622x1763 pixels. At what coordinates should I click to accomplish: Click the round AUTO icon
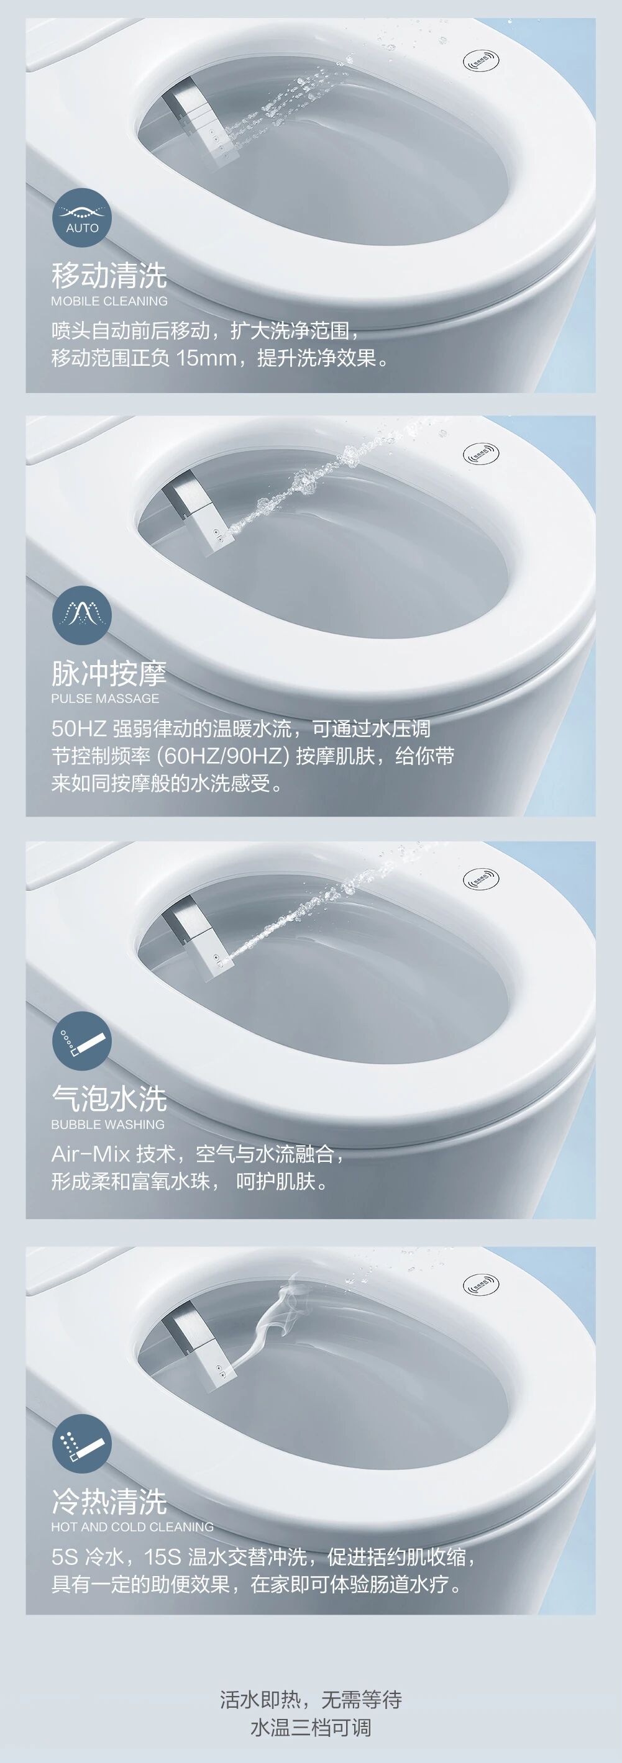tap(81, 217)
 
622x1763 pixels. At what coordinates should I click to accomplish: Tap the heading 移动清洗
tap(109, 275)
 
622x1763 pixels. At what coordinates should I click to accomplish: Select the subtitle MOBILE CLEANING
tap(109, 301)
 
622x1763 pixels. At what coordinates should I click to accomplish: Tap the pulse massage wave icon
tap(81, 615)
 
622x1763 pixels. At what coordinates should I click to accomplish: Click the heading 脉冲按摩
tap(109, 673)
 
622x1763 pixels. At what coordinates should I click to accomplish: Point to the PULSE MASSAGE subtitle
tap(105, 699)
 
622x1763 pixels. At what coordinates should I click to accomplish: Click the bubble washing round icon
tap(81, 1040)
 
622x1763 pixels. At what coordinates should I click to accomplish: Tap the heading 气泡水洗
tap(109, 1099)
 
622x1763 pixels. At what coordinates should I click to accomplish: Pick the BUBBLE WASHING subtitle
tap(107, 1125)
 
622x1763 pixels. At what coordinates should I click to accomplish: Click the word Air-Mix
tap(91, 1154)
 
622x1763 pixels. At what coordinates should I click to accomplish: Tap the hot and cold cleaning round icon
tap(81, 1443)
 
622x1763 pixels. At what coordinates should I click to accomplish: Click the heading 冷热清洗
tap(109, 1502)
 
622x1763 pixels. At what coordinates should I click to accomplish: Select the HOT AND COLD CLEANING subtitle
tap(132, 1527)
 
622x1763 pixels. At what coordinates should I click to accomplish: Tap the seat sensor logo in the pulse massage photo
tap(480, 454)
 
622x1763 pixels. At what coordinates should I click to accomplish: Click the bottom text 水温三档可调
tap(311, 1727)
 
